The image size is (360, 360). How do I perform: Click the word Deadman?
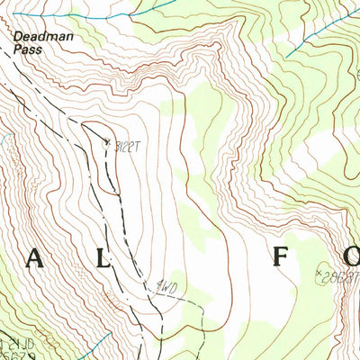click(35, 38)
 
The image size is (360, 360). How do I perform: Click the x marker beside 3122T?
click(107, 142)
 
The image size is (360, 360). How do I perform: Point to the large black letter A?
click(33, 261)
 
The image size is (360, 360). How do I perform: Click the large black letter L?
click(103, 261)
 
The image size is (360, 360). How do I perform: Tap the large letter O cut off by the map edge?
click(351, 261)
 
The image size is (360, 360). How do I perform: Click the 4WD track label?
click(163, 288)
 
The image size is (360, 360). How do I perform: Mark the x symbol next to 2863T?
click(319, 271)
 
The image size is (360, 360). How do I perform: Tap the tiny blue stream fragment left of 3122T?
click(4, 139)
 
